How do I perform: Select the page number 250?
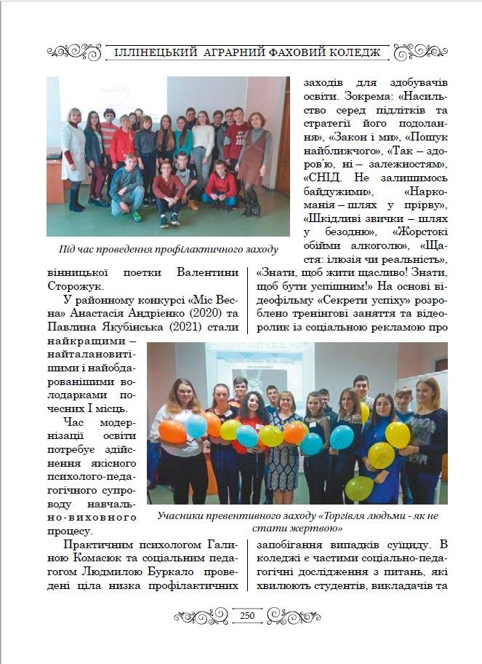point(247,616)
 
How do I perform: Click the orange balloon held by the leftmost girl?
point(172,431)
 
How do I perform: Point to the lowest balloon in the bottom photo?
point(359,488)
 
